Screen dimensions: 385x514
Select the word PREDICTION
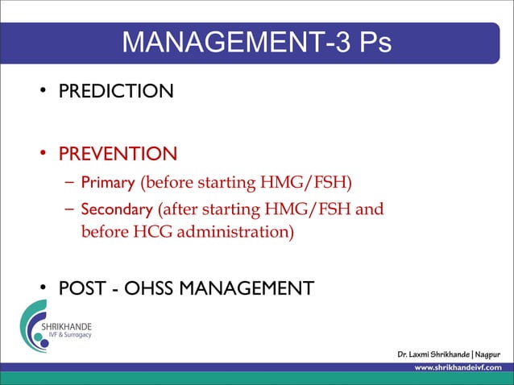[x=114, y=90]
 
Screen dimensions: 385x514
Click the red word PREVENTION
[x=117, y=153]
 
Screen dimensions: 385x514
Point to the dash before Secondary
[x=69, y=211]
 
